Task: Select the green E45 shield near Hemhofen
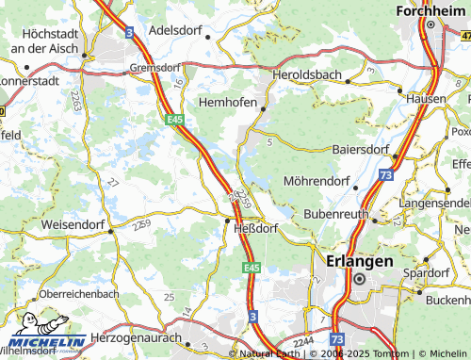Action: click(x=176, y=120)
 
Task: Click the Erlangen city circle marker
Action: click(x=359, y=279)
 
